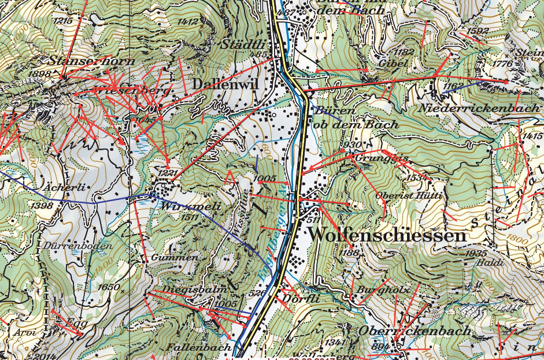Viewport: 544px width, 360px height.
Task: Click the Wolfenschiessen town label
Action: pos(387,236)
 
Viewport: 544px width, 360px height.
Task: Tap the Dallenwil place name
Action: pos(225,84)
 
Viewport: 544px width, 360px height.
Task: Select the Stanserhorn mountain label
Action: pos(92,61)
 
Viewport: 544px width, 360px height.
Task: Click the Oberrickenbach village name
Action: pos(415,331)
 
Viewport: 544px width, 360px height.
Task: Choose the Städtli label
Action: pos(247,44)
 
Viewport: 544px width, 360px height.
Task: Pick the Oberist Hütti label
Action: pos(408,196)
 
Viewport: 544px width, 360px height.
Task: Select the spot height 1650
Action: pos(108,287)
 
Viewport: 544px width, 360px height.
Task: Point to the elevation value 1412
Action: pos(189,21)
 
